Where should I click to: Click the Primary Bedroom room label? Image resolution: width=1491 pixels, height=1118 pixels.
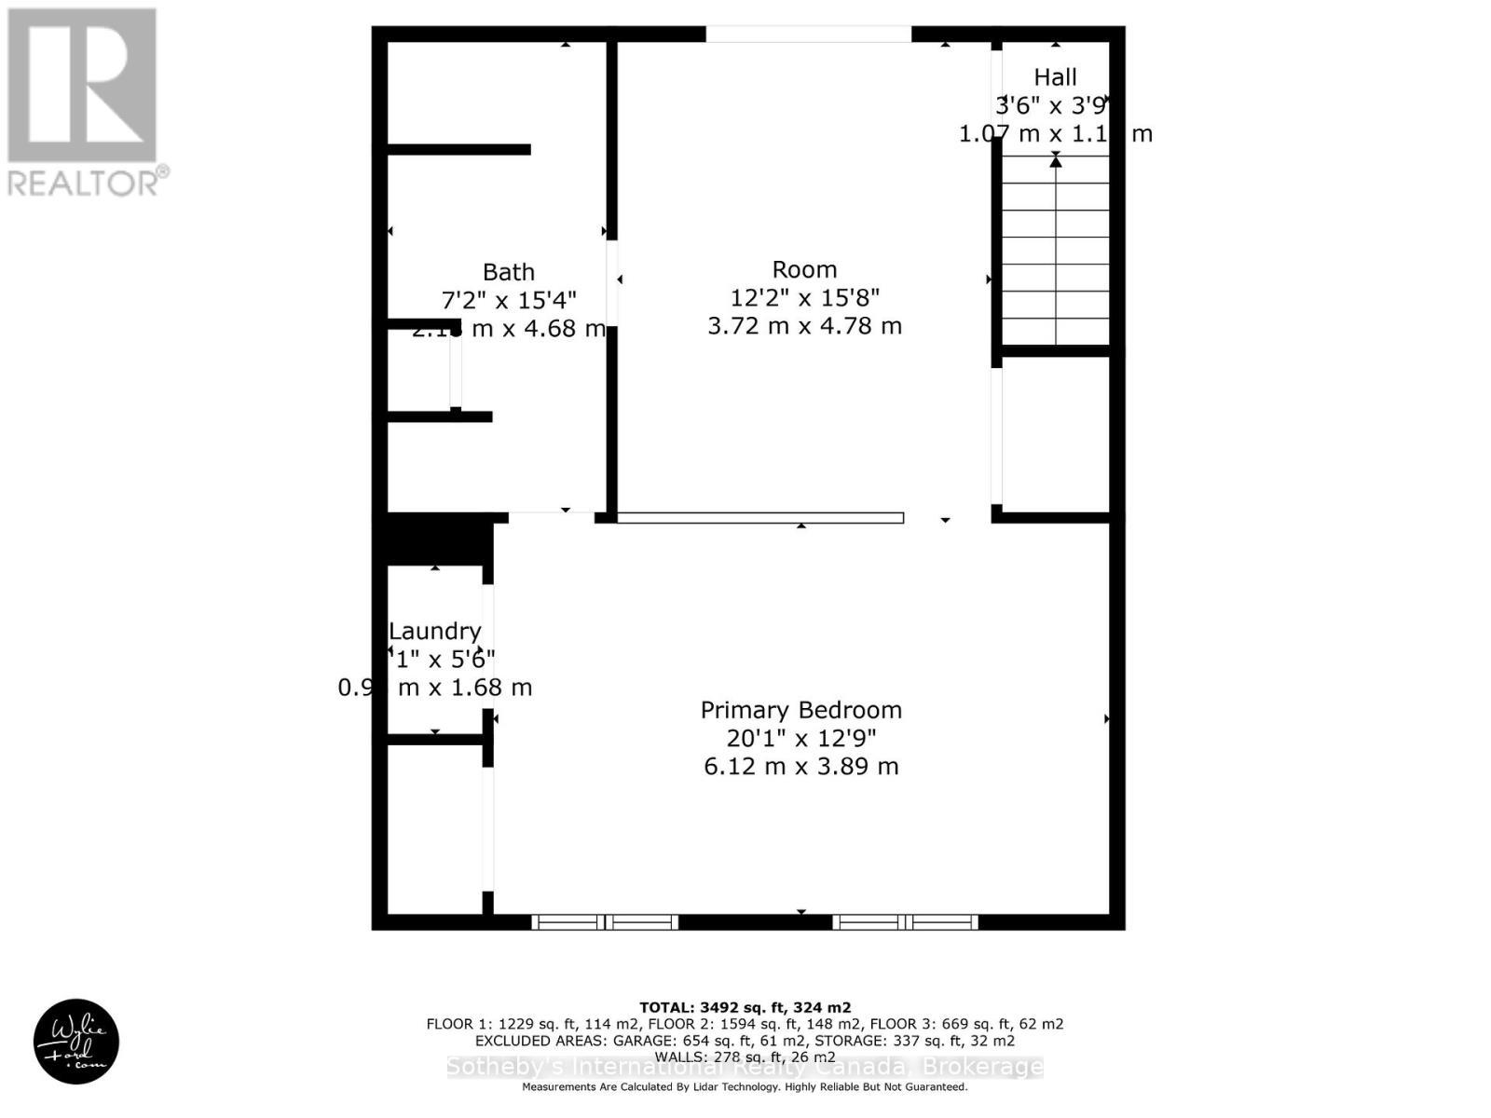[800, 710]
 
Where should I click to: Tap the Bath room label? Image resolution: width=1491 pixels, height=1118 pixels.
[508, 272]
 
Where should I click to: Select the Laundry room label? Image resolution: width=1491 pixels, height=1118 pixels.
[434, 632]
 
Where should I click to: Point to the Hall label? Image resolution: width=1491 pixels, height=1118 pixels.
[1055, 77]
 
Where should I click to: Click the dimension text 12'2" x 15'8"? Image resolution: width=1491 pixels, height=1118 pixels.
[804, 298]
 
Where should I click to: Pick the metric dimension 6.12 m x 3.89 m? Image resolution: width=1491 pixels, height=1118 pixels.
[800, 767]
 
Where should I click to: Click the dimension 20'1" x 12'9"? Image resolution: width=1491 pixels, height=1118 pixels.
[800, 739]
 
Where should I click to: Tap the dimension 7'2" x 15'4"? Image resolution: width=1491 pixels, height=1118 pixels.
[508, 300]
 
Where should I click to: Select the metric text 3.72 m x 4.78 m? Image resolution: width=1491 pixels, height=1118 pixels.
[804, 326]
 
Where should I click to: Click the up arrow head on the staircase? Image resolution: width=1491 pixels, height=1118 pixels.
[1055, 162]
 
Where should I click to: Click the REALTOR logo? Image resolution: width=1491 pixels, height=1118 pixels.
[84, 102]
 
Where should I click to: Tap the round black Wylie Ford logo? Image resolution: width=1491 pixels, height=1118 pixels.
[76, 1041]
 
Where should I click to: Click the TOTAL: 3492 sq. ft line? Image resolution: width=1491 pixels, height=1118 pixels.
[745, 1007]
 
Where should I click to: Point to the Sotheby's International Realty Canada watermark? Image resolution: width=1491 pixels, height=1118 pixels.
[745, 1067]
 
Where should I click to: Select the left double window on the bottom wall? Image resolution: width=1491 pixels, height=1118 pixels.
[605, 922]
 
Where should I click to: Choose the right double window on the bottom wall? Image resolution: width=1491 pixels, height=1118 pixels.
[905, 922]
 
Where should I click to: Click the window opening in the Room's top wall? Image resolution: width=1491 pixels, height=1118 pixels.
[808, 34]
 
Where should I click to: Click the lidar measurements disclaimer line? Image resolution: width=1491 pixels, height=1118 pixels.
[745, 1087]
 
